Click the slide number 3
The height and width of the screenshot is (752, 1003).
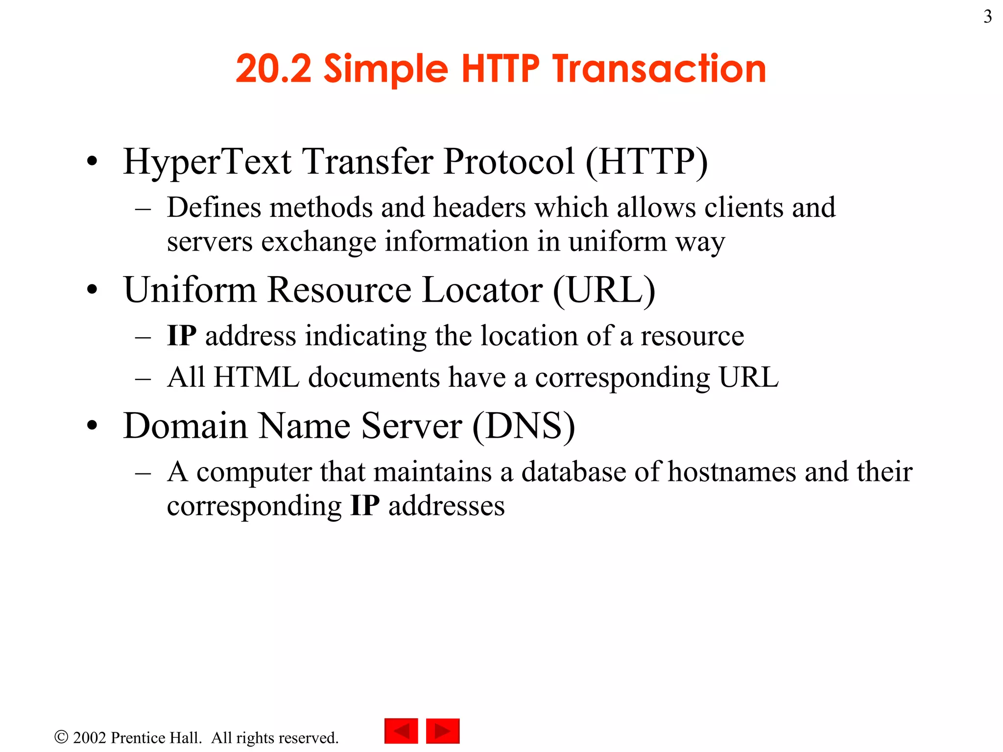(987, 17)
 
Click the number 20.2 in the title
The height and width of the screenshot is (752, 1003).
(273, 69)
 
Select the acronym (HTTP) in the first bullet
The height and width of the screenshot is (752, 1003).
(646, 162)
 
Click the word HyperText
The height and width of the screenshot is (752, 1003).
(208, 162)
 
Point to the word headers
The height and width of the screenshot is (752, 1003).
(479, 208)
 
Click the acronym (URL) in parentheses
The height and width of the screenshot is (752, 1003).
(604, 290)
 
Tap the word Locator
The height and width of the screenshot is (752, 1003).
(482, 290)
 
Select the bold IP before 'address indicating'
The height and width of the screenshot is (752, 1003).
(182, 336)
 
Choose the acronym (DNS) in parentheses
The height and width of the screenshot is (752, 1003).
(524, 426)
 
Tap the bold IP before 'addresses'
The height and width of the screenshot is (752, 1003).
(365, 506)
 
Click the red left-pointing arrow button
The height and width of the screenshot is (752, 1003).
(401, 731)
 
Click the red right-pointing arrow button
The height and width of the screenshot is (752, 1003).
(443, 731)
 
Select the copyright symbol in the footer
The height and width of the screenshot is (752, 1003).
(61, 737)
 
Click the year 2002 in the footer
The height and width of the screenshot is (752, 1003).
(90, 738)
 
